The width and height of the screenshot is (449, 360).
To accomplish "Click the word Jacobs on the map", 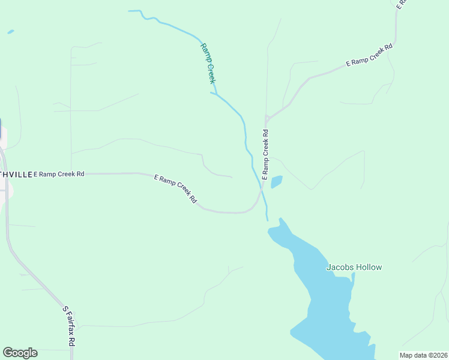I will coord(339,268).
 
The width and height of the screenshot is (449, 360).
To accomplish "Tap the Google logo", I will coord(20,353).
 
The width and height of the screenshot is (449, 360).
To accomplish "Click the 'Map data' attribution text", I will coord(414,355).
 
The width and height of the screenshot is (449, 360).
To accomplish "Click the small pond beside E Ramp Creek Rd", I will coord(276,181).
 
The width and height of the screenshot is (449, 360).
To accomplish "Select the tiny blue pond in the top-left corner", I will coord(10,32).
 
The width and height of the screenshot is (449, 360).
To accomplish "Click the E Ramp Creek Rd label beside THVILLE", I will coord(59,174).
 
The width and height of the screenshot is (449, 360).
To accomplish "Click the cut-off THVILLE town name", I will coord(16,174).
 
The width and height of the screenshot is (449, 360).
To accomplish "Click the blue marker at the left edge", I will coord(1,130).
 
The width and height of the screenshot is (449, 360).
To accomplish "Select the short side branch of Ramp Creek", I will coord(213,93).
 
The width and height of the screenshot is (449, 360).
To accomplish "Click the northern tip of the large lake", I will coord(280,221).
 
